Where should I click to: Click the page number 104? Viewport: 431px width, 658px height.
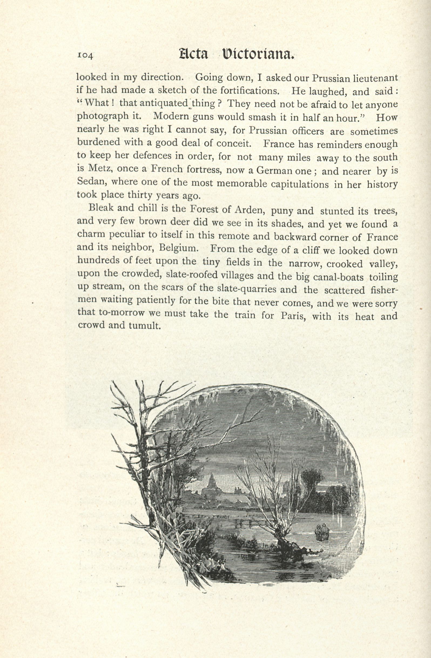[86, 55]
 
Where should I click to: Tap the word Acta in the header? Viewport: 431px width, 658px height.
[194, 54]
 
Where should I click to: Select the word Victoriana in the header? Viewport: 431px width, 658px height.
[257, 54]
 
